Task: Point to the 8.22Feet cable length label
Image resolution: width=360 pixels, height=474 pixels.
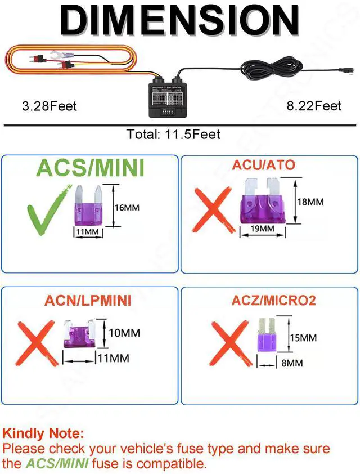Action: coord(314,106)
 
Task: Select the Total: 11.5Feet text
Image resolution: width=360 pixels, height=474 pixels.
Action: coord(173,134)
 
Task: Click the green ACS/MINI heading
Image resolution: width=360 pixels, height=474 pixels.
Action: coord(91,168)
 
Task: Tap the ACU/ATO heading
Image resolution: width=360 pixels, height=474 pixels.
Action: coord(263,165)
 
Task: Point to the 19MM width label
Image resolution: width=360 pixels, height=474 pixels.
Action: coord(263,229)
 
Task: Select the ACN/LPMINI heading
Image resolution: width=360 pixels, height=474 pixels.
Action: coord(88,301)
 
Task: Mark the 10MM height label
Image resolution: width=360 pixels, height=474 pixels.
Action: coord(124,333)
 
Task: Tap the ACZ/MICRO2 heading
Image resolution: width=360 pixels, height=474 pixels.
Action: coord(273,300)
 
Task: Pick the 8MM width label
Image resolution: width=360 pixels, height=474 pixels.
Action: coord(292,363)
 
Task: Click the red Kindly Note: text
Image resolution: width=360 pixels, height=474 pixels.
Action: coord(43,433)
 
